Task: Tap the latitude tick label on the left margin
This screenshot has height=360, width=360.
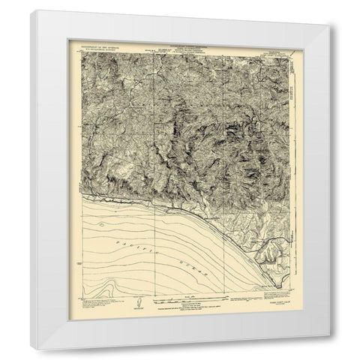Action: pyautogui.click(x=78, y=265)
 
